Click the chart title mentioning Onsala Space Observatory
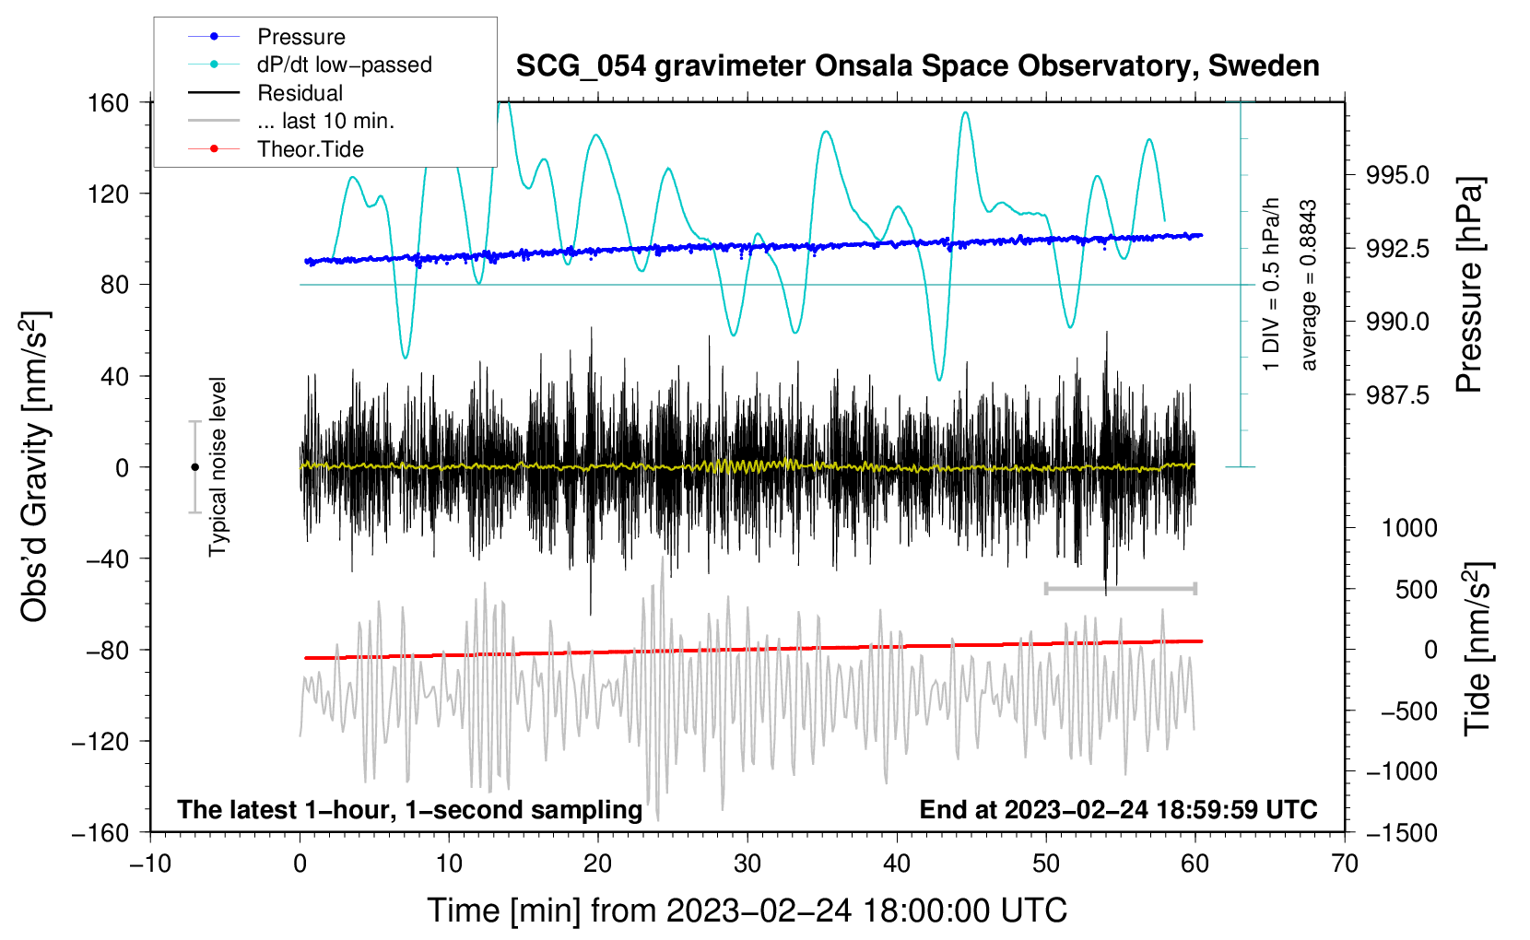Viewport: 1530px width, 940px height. click(x=917, y=66)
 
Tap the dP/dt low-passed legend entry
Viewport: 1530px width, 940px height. click(x=344, y=65)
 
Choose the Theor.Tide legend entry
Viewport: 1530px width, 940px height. click(x=310, y=149)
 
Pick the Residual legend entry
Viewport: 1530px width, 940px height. click(x=300, y=93)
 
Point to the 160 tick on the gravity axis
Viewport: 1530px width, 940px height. click(x=109, y=102)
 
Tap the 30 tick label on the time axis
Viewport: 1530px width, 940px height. click(x=747, y=864)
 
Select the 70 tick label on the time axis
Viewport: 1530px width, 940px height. click(x=1345, y=864)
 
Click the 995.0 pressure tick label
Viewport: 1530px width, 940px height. click(x=1397, y=175)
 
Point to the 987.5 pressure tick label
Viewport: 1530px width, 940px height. click(x=1397, y=395)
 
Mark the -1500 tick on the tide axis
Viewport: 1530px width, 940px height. click(x=1402, y=833)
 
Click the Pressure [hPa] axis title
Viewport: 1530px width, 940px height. click(x=1469, y=286)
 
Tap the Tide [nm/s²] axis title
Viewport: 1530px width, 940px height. click(x=1477, y=650)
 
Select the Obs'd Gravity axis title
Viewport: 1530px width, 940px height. click(x=35, y=467)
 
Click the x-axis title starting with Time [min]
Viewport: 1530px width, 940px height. click(x=747, y=911)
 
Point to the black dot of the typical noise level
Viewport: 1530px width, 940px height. click(x=194, y=467)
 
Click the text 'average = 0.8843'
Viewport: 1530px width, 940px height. click(x=1308, y=286)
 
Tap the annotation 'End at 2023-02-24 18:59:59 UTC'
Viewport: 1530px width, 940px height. click(x=1118, y=809)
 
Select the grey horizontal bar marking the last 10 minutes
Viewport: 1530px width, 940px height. click(x=1120, y=588)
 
